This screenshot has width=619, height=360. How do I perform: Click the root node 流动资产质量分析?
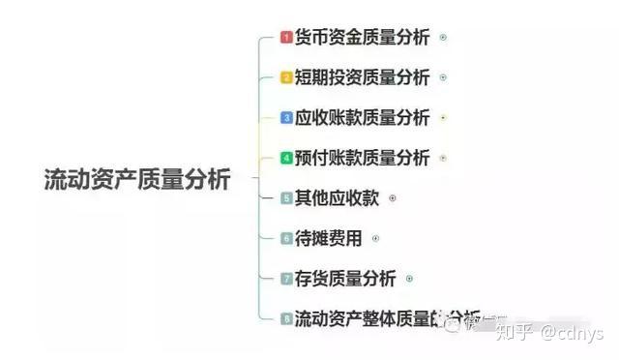click(137, 179)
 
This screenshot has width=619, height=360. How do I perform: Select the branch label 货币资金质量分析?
click(362, 38)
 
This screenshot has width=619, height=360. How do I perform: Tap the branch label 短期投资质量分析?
click(362, 77)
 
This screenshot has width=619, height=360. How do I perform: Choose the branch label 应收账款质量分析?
click(362, 118)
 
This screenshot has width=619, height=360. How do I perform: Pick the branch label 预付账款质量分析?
click(362, 158)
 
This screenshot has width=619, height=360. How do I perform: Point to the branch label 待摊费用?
click(328, 238)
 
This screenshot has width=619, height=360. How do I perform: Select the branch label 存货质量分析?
click(344, 279)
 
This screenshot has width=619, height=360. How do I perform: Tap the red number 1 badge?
click(286, 38)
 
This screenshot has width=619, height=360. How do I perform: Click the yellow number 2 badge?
click(286, 77)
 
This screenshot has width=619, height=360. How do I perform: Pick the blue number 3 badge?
click(286, 118)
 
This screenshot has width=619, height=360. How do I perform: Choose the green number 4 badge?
click(286, 158)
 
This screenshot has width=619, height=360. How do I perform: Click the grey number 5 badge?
click(286, 198)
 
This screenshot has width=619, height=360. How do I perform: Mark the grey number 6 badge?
click(286, 238)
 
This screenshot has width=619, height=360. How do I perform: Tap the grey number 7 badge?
click(286, 279)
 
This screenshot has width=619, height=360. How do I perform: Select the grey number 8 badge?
click(286, 318)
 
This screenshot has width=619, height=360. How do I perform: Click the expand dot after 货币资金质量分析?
click(443, 38)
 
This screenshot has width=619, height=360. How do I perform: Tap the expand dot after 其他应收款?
click(392, 198)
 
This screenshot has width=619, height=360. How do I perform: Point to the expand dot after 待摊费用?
click(375, 238)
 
